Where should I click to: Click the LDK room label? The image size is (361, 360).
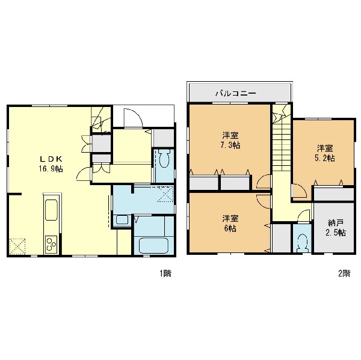pyautogui.click(x=51, y=159)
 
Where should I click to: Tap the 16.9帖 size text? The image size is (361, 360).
pyautogui.click(x=51, y=169)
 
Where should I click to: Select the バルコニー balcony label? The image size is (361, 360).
pyautogui.click(x=235, y=93)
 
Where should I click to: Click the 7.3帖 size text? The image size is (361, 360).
pyautogui.click(x=230, y=145)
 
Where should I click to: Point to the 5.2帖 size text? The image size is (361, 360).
pyautogui.click(x=325, y=158)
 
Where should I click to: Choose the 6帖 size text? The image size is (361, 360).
pyautogui.click(x=230, y=228)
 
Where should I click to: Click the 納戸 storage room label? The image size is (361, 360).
pyautogui.click(x=336, y=222)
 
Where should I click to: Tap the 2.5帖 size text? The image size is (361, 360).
pyautogui.click(x=336, y=233)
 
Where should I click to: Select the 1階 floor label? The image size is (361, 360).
pyautogui.click(x=165, y=273)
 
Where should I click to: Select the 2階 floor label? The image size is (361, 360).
pyautogui.click(x=344, y=273)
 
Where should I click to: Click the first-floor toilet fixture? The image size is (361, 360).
pyautogui.click(x=164, y=158)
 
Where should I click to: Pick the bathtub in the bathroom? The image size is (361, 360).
pyautogui.click(x=153, y=245)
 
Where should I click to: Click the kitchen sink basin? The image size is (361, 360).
pyautogui.click(x=51, y=210)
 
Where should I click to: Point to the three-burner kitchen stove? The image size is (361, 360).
pyautogui.click(x=51, y=245)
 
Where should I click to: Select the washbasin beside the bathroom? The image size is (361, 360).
pyautogui.click(x=122, y=220)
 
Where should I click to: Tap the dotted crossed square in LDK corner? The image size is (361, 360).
pyautogui.click(x=17, y=246)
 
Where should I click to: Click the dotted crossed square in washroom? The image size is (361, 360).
pyautogui.click(x=166, y=194)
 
